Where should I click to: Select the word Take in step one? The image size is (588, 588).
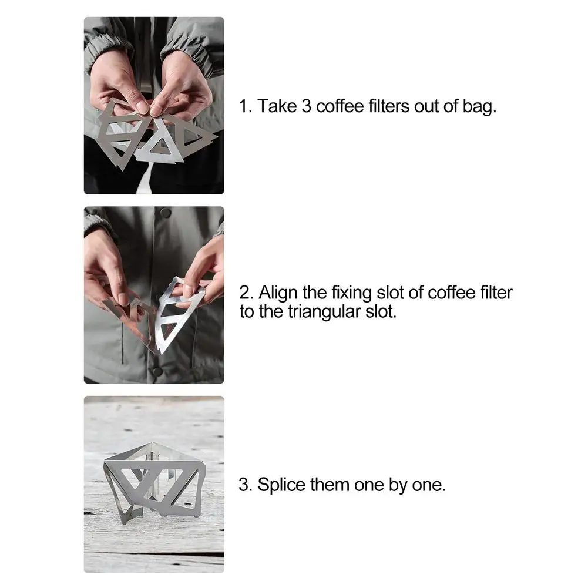point(277,107)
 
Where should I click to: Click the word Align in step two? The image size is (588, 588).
point(278,293)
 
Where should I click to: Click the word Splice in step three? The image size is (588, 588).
point(279,486)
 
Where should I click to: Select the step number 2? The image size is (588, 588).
point(244,293)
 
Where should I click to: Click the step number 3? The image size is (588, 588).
point(244,486)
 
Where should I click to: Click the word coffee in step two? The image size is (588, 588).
point(449,293)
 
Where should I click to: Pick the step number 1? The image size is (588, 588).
point(244,107)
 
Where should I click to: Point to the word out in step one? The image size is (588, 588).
point(432,107)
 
